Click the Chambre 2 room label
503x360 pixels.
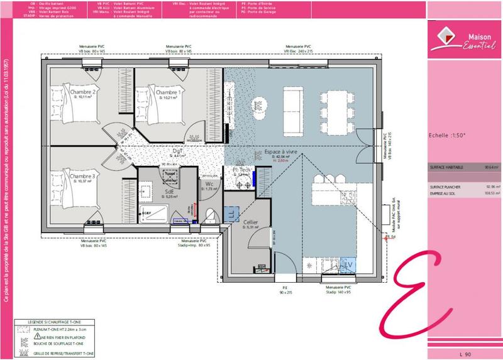coord(83,92)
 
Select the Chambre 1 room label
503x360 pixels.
coord(168,93)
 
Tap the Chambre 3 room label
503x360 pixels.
coord(82,177)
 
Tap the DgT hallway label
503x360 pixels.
coord(179,151)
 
